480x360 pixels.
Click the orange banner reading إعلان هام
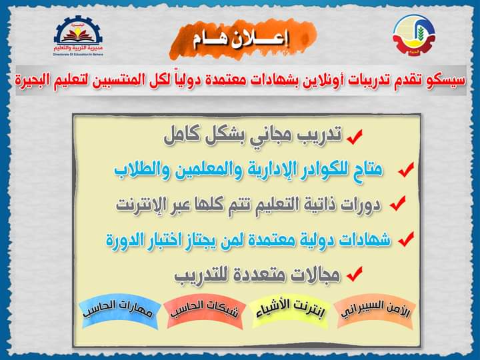click(x=243, y=39)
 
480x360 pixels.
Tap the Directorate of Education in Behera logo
click(x=79, y=36)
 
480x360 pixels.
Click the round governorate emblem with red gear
click(x=414, y=35)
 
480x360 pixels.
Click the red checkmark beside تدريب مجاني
click(x=355, y=137)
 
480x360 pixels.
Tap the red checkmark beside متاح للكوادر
click(x=406, y=169)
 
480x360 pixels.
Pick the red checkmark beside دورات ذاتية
click(x=398, y=203)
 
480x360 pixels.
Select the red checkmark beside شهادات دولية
click(x=406, y=239)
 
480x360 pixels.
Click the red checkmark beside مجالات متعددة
click(x=355, y=274)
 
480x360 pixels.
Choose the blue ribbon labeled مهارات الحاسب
click(x=119, y=311)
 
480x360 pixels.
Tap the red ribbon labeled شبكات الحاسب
click(x=205, y=311)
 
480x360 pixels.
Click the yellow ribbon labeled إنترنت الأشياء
click(x=289, y=311)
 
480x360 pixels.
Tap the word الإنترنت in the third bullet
click(x=141, y=205)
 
